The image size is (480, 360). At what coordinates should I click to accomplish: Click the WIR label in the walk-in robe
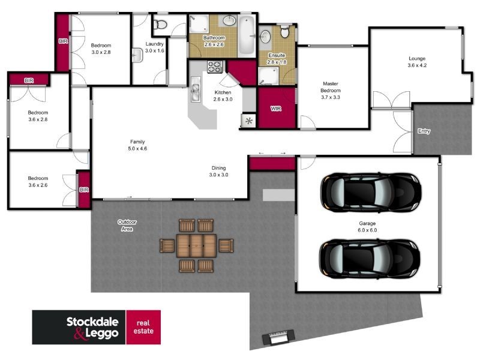coord(276,109)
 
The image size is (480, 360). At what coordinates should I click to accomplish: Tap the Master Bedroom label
coord(331,87)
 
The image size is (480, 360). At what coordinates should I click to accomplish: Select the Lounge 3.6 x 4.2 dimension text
coord(417,65)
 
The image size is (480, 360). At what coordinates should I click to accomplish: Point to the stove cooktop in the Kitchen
coord(215,67)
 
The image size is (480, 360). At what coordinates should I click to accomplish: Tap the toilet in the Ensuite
coord(284,32)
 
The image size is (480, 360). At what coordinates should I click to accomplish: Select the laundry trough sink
coord(137,55)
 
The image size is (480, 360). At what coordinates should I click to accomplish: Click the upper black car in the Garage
coord(371,193)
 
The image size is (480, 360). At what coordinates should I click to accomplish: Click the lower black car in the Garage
coord(370,259)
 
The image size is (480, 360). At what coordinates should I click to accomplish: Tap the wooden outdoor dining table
coord(196,245)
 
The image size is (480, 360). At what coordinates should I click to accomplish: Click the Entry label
coord(424,131)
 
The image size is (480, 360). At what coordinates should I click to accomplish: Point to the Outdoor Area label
coord(127,226)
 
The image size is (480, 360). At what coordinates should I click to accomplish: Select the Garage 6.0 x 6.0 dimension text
coord(367,230)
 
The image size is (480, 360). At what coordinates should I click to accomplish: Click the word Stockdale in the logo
coord(92,322)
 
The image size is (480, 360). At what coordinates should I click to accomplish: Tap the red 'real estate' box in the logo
coord(143,327)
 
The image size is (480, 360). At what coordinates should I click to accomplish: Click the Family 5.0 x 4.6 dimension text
coord(137,148)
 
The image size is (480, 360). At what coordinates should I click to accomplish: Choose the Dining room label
coord(218,168)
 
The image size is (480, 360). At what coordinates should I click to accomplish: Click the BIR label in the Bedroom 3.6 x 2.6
coord(84,190)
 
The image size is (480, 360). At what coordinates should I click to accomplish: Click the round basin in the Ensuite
coord(265,37)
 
